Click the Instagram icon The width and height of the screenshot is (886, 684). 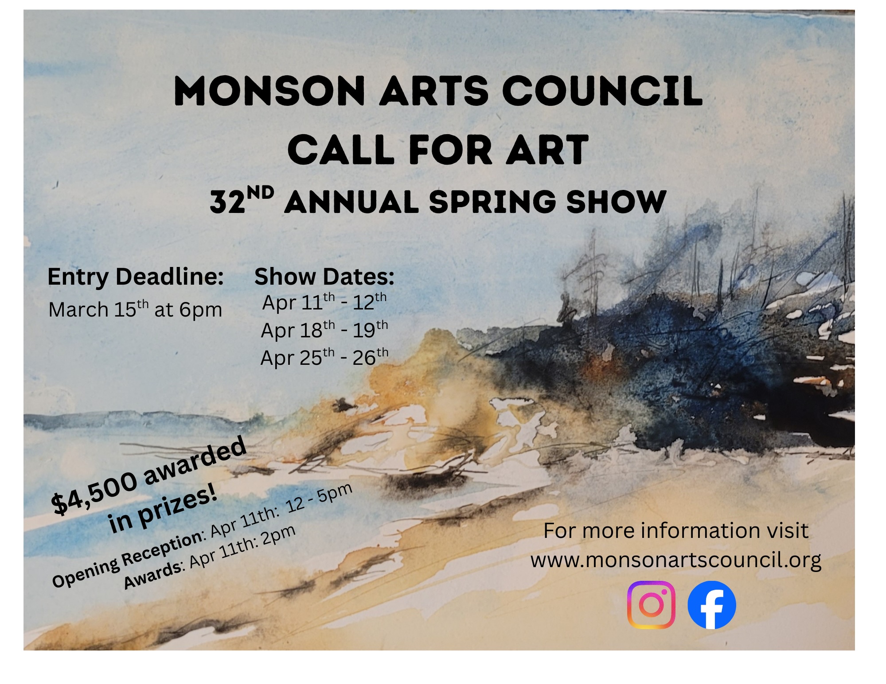click(651, 605)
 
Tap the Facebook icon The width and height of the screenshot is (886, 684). click(712, 605)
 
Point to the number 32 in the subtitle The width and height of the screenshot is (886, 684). click(227, 202)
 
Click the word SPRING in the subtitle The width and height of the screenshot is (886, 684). click(492, 202)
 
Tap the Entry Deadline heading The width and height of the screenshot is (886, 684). click(136, 277)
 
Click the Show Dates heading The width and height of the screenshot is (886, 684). click(324, 277)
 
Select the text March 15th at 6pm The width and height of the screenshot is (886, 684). click(135, 309)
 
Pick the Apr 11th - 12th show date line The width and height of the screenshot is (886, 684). click(324, 302)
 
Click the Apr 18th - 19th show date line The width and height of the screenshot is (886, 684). click(324, 330)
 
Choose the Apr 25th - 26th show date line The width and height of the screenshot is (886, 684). click(324, 357)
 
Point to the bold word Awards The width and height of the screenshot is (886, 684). click(153, 575)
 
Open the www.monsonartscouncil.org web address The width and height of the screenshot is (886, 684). click(676, 560)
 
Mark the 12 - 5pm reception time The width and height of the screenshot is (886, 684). click(319, 499)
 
